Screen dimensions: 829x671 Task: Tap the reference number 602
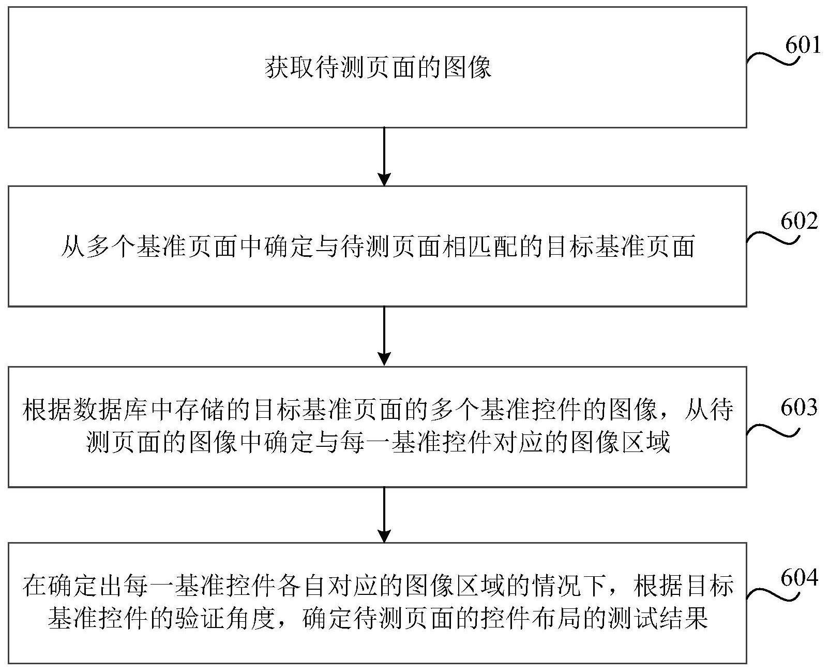799,221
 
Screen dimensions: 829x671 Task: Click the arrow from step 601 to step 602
384,157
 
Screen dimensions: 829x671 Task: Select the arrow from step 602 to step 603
384,337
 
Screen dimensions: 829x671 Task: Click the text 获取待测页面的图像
378,67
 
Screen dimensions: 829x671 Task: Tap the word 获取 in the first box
289,67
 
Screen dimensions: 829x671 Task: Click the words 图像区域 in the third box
620,442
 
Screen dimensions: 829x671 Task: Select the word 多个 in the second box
111,246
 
